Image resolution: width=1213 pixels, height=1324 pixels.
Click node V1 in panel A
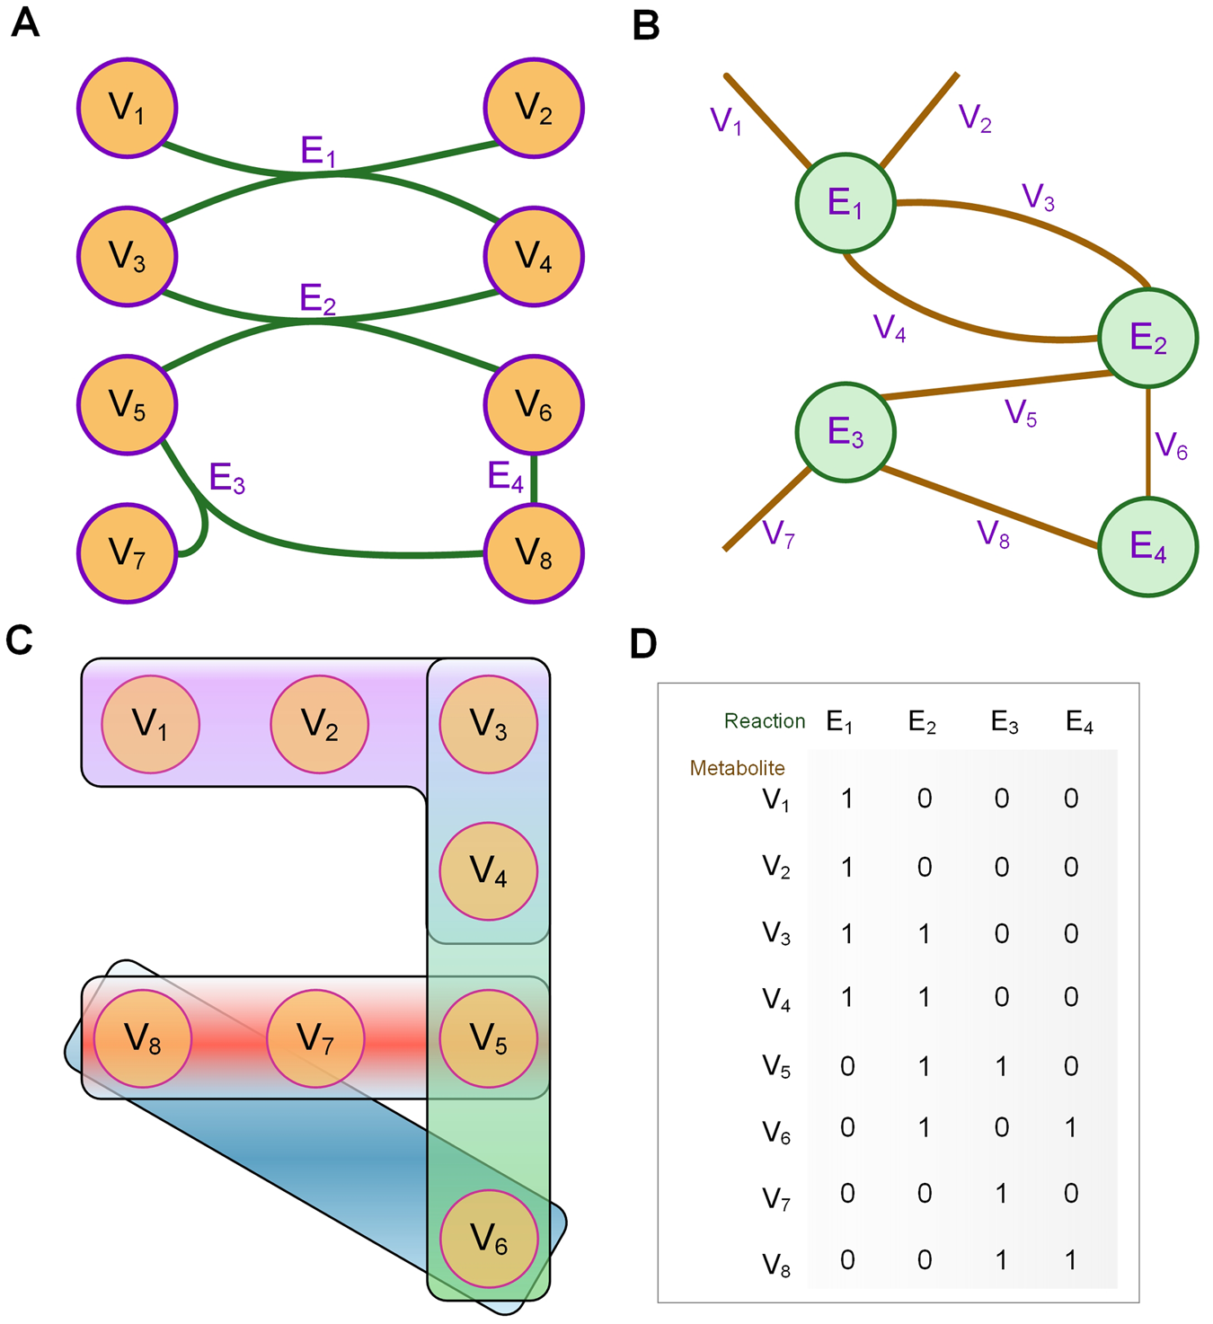pyautogui.click(x=127, y=108)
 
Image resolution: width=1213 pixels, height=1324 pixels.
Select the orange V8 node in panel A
pyautogui.click(x=534, y=553)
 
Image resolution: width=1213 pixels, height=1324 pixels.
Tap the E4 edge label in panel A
pyautogui.click(x=505, y=476)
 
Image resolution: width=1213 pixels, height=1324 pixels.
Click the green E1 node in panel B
pyautogui.click(x=846, y=204)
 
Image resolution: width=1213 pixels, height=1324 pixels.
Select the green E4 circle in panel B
pyautogui.click(x=1147, y=546)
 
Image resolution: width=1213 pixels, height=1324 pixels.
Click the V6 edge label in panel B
pyautogui.click(x=1172, y=446)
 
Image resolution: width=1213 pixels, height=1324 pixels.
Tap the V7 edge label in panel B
pyautogui.click(x=778, y=534)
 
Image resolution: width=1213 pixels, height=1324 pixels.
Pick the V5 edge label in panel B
pyautogui.click(x=1021, y=413)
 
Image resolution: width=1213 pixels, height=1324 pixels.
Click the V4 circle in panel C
pyautogui.click(x=488, y=870)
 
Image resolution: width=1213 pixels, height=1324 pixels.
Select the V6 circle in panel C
pyautogui.click(x=488, y=1238)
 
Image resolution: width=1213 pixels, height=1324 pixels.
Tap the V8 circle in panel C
pyautogui.click(x=143, y=1037)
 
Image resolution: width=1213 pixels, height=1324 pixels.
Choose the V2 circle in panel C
pyautogui.click(x=319, y=723)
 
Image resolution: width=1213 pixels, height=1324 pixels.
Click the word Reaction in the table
pyautogui.click(x=765, y=721)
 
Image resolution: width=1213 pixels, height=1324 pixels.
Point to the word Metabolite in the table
pyautogui.click(x=737, y=768)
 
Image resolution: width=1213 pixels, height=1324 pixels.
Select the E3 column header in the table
pyautogui.click(x=1005, y=722)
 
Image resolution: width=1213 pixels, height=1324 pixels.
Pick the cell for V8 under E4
pyautogui.click(x=1071, y=1259)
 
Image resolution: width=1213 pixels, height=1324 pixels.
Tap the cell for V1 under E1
pyautogui.click(x=846, y=799)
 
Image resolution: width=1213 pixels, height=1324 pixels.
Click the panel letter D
pyautogui.click(x=643, y=644)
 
